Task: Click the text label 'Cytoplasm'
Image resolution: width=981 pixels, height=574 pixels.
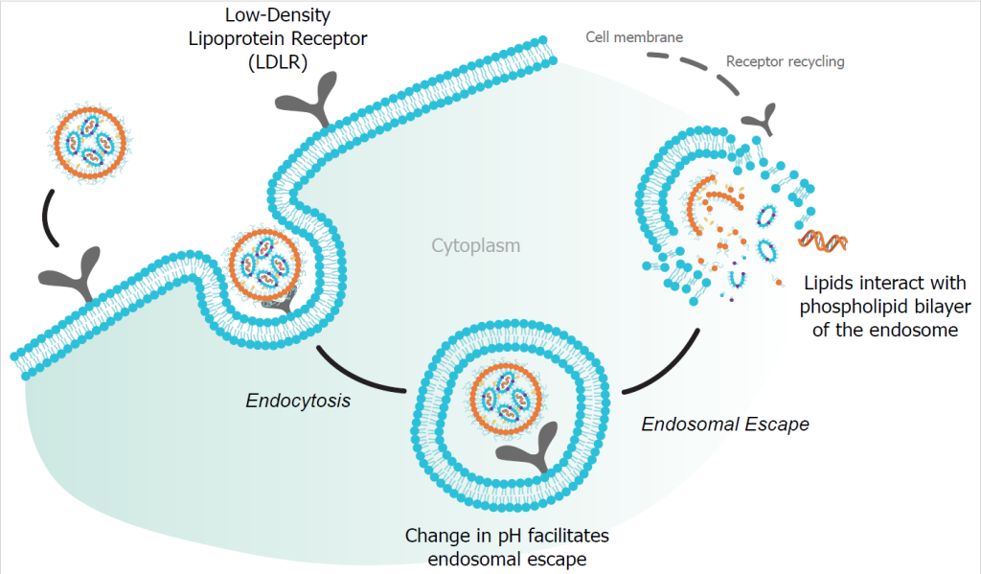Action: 475,246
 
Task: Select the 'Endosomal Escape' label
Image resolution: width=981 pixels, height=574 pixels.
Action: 725,423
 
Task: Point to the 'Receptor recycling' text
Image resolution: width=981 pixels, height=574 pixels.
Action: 786,61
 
